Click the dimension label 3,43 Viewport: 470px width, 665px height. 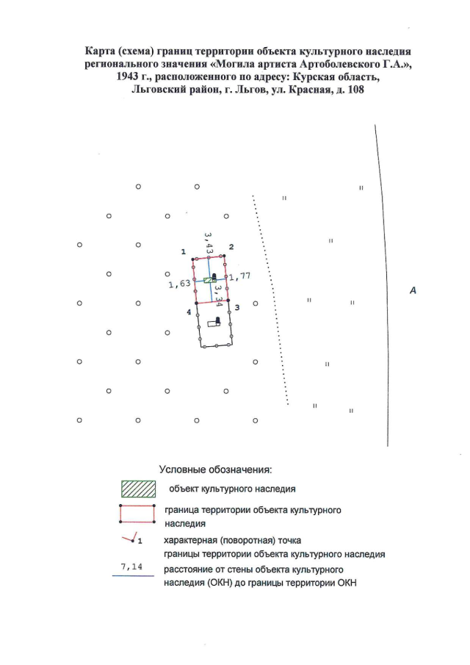pos(208,243)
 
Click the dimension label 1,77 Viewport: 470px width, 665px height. pos(240,276)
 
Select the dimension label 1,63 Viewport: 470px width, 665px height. pos(179,284)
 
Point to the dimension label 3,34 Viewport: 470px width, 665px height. pos(218,295)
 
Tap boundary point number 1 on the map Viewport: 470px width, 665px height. pos(192,259)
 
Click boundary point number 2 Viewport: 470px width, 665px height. pos(224,255)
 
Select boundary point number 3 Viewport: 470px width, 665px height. pos(228,300)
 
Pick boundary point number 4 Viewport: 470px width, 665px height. pos(196,303)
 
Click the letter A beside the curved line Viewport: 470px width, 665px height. pos(413,290)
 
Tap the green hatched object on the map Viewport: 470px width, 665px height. pos(210,280)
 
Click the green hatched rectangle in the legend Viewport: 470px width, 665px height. pos(138,489)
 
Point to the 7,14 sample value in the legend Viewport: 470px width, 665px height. pos(131,567)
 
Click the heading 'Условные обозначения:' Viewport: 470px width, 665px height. pos(215,470)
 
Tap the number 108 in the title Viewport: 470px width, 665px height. pos(355,90)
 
